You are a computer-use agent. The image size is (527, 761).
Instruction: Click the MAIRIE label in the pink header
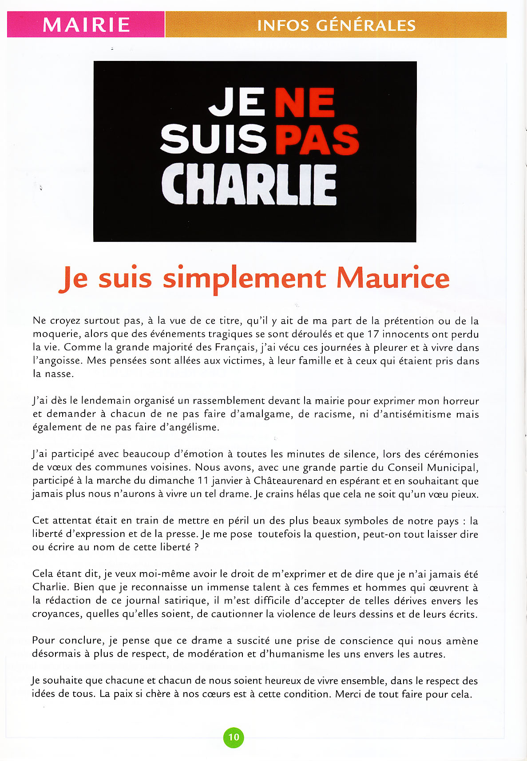point(86,25)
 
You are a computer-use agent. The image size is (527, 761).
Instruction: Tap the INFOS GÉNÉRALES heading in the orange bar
point(336,25)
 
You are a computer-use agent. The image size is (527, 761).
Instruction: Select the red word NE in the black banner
point(305,103)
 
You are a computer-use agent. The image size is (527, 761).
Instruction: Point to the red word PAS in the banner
point(317,140)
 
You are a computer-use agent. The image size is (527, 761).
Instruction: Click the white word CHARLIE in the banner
point(249,184)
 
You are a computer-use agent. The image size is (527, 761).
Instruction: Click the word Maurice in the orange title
point(393,278)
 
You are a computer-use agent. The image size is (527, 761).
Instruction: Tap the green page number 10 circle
point(234,737)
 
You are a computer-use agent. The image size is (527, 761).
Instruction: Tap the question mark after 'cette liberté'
point(197,547)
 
